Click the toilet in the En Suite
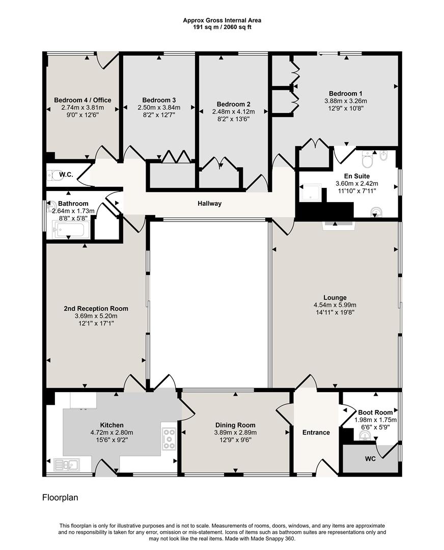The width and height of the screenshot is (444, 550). point(367,159)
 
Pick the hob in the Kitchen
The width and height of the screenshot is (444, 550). point(169,438)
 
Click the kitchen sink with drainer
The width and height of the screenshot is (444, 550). point(66,464)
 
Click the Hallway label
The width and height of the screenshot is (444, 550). point(210,204)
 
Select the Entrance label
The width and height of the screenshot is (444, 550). point(316,432)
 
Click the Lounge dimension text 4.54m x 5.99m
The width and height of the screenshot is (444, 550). point(335,306)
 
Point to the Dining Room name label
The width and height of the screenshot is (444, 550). point(235,425)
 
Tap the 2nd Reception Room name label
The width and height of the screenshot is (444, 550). point(96,309)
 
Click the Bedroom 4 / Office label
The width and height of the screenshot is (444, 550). point(82,100)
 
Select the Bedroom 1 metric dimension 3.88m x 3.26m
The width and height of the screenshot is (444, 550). point(345,101)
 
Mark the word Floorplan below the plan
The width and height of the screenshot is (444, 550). point(60,498)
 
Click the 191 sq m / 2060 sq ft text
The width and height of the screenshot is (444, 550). point(222,27)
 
